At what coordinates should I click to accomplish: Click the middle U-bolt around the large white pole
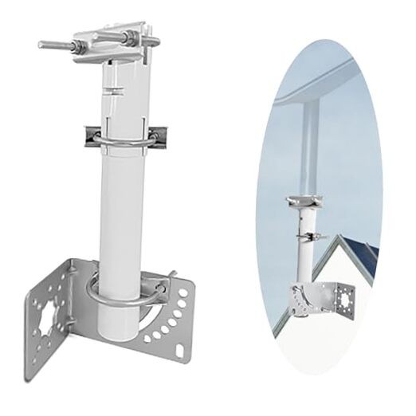(x=120, y=145)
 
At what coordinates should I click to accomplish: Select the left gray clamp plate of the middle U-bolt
(x=89, y=135)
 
